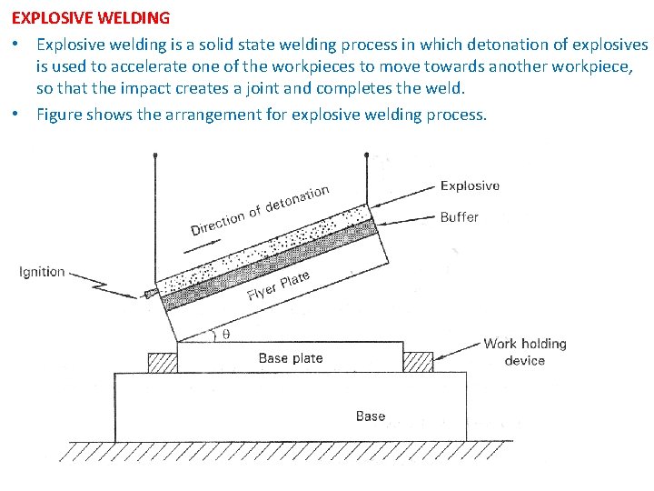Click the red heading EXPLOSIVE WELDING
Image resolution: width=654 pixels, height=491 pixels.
(90, 17)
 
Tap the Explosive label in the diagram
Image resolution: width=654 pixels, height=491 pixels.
(470, 185)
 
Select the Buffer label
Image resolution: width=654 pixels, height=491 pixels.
(459, 216)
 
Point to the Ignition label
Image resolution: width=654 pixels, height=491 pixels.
(42, 271)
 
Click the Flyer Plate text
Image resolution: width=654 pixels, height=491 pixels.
(278, 286)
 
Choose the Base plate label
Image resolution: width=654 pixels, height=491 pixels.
(290, 358)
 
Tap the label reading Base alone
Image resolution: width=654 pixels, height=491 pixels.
(370, 416)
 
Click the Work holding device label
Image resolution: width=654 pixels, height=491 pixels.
(524, 352)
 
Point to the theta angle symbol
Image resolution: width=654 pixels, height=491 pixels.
(226, 334)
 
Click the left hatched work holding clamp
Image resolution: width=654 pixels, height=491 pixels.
(163, 362)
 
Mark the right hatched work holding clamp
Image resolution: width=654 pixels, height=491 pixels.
(418, 362)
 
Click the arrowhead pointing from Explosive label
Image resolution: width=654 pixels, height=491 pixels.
(375, 205)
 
